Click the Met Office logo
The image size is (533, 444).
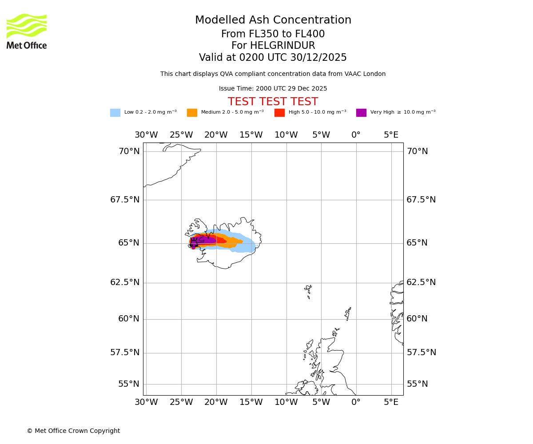click(x=27, y=31)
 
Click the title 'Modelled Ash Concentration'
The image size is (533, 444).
click(x=273, y=20)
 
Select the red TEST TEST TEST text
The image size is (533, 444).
click(x=273, y=102)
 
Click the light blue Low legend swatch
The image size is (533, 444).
click(x=115, y=113)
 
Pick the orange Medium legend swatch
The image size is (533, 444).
click(x=192, y=113)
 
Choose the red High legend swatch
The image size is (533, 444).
click(x=279, y=113)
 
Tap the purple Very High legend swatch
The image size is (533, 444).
click(x=361, y=113)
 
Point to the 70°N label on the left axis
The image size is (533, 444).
click(x=129, y=151)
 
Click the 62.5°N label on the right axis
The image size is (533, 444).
click(x=421, y=282)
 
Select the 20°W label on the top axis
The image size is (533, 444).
click(x=216, y=135)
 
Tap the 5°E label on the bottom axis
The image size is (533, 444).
click(x=391, y=402)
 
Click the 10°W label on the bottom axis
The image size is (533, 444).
click(x=286, y=402)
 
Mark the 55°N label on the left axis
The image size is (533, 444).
click(x=129, y=384)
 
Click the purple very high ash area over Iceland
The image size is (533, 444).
click(x=204, y=241)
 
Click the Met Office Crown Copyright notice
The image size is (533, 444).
click(x=73, y=431)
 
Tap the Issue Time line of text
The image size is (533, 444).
click(x=273, y=89)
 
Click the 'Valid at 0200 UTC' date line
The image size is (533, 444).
click(x=273, y=58)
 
